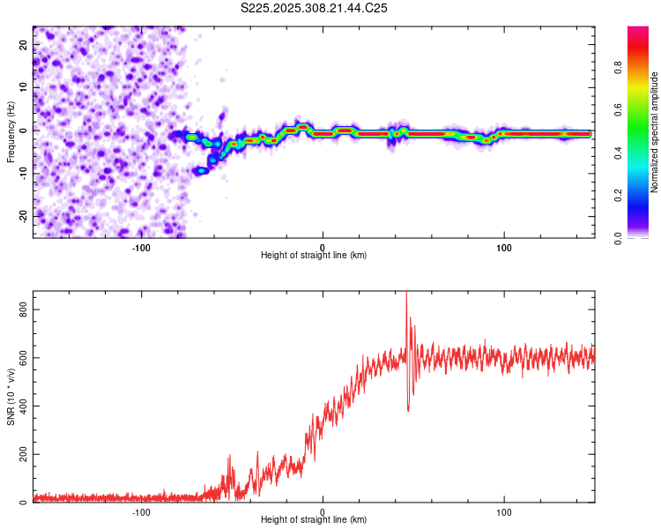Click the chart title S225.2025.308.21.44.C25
pyautogui.click(x=315, y=8)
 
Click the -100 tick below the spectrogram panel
pyautogui.click(x=141, y=247)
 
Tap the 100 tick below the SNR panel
pyautogui.click(x=504, y=511)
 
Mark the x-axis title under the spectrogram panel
pyautogui.click(x=314, y=256)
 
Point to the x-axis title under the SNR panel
pyautogui.click(x=314, y=520)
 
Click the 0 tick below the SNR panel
pyautogui.click(x=323, y=511)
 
